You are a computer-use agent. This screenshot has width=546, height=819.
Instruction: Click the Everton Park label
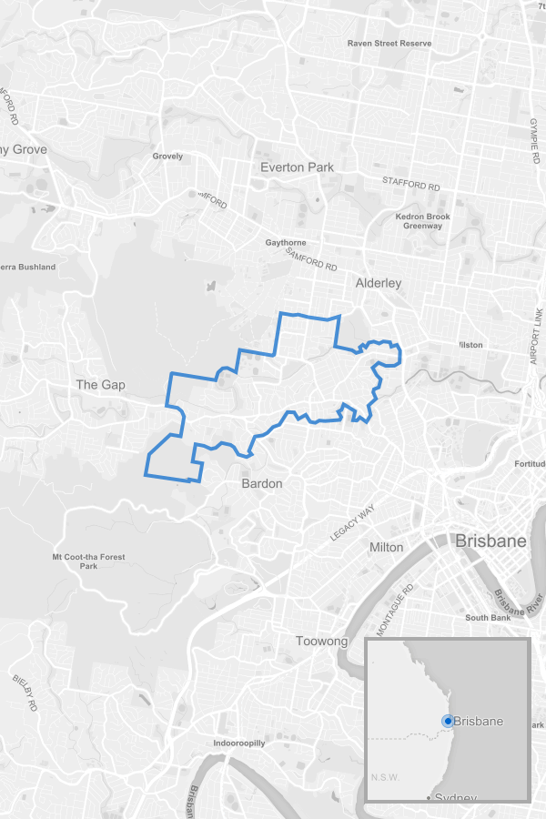(x=297, y=167)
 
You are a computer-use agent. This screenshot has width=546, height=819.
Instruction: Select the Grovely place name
(x=167, y=157)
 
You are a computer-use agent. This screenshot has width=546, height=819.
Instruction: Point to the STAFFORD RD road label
(x=410, y=184)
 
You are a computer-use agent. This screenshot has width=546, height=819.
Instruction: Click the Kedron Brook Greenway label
(x=422, y=221)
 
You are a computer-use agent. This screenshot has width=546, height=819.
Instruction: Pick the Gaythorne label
(x=286, y=243)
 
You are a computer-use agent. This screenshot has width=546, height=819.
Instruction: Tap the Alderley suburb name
(x=379, y=283)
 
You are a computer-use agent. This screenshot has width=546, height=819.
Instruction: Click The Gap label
(x=100, y=385)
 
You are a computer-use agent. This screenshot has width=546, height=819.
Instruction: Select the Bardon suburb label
(x=262, y=483)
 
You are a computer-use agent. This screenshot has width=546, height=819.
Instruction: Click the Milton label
(x=387, y=547)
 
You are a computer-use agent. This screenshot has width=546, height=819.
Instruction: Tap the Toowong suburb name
(x=322, y=642)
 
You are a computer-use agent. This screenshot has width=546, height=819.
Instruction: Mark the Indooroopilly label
(x=239, y=743)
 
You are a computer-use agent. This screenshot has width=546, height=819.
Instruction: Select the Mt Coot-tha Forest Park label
(x=88, y=561)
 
